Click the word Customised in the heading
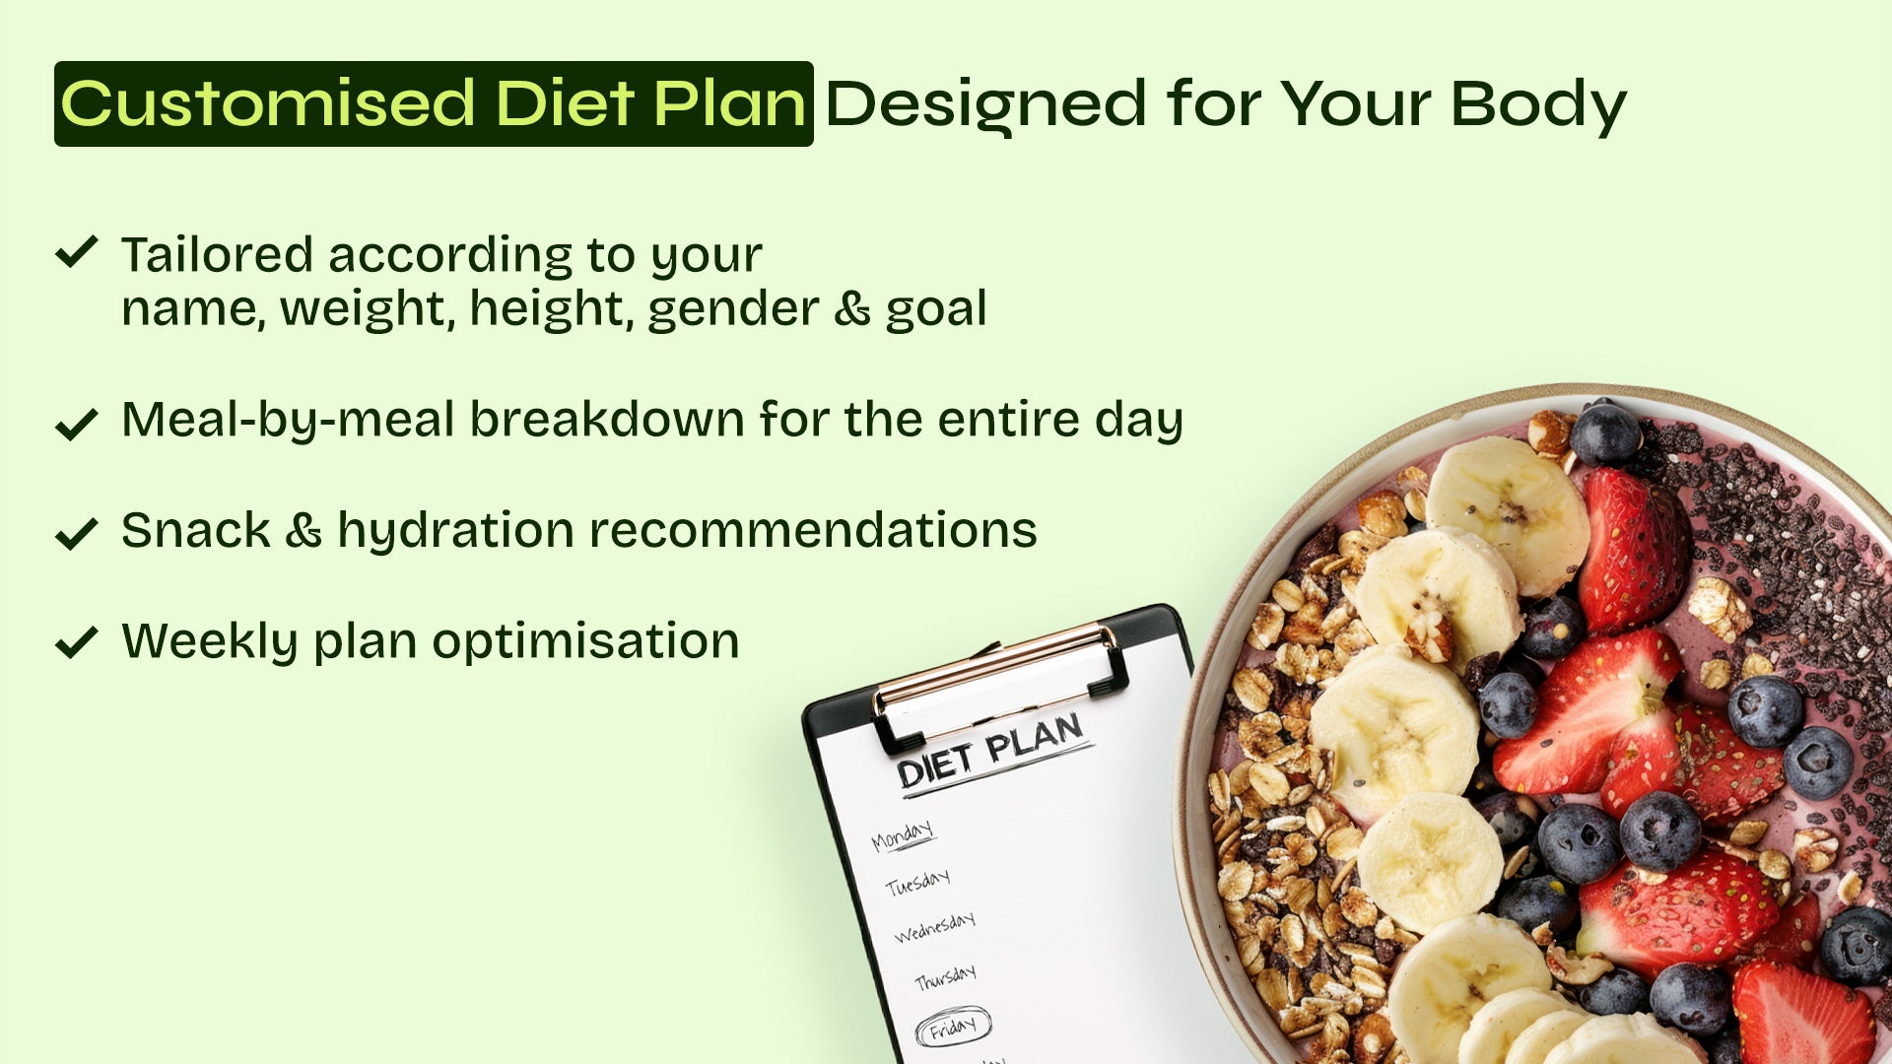pyautogui.click(x=268, y=103)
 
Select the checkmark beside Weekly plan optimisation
pyautogui.click(x=76, y=641)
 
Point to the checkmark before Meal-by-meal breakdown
pyautogui.click(x=76, y=424)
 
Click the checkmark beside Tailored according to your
pyautogui.click(x=76, y=251)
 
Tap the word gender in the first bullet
pyautogui.click(x=733, y=310)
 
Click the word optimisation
pyautogui.click(x=585, y=642)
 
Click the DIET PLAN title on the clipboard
pyautogui.click(x=990, y=750)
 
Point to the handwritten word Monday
pyautogui.click(x=902, y=835)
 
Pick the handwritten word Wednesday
pyautogui.click(x=934, y=927)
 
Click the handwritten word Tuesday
pyautogui.click(x=917, y=882)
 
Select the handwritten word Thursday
pyautogui.click(x=945, y=978)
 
